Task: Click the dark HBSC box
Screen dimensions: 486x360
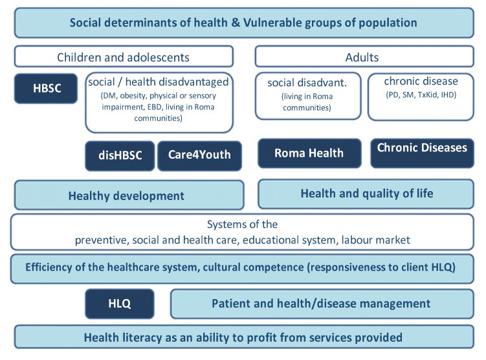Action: (x=46, y=88)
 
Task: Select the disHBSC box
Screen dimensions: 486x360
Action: (x=120, y=155)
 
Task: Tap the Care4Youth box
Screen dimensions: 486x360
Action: (x=199, y=155)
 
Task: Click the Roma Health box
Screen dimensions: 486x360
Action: (x=309, y=153)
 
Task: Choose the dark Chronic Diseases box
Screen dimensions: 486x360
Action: (x=422, y=153)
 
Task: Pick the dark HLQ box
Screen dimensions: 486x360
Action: (x=120, y=304)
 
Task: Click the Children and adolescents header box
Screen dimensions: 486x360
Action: (x=124, y=56)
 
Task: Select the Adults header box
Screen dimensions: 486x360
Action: (x=364, y=56)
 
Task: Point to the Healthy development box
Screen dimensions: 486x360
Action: (x=129, y=195)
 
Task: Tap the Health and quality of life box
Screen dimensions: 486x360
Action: (x=366, y=194)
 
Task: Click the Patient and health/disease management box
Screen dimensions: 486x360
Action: (x=322, y=304)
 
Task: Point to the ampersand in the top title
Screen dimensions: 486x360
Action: (x=236, y=23)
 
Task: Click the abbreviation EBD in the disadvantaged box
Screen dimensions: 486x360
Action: (x=155, y=107)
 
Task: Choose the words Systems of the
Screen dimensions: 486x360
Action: (x=242, y=224)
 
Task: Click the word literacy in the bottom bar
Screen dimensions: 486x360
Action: (x=142, y=337)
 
